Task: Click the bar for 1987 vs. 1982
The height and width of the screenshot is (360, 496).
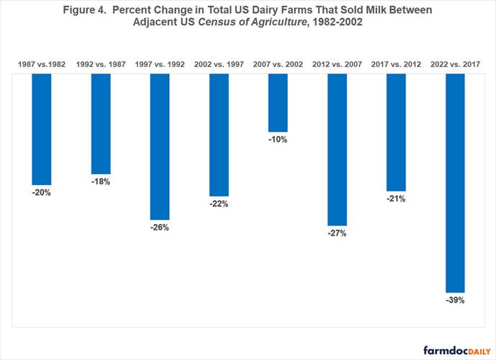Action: [42, 129]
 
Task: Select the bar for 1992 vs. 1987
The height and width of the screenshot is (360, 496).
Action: [101, 123]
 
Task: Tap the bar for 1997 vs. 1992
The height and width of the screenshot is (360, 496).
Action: [160, 146]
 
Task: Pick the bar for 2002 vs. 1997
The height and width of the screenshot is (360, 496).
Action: [219, 135]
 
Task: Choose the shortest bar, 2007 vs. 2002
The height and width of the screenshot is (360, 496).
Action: [278, 102]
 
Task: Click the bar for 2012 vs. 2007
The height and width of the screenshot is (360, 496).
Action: [337, 149]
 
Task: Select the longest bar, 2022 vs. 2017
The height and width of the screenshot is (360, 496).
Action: [455, 182]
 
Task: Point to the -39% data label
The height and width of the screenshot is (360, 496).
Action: [455, 300]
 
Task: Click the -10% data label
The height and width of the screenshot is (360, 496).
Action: [278, 140]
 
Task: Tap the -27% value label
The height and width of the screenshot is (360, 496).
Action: [337, 234]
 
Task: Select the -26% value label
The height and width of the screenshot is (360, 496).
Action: [160, 228]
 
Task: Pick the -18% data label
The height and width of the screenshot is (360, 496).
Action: [101, 182]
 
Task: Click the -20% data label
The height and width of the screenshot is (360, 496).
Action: [42, 193]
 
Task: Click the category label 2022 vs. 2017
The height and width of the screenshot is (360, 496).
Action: [455, 65]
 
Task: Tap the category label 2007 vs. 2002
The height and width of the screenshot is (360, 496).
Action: [278, 65]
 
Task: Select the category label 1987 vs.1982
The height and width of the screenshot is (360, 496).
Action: [42, 65]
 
